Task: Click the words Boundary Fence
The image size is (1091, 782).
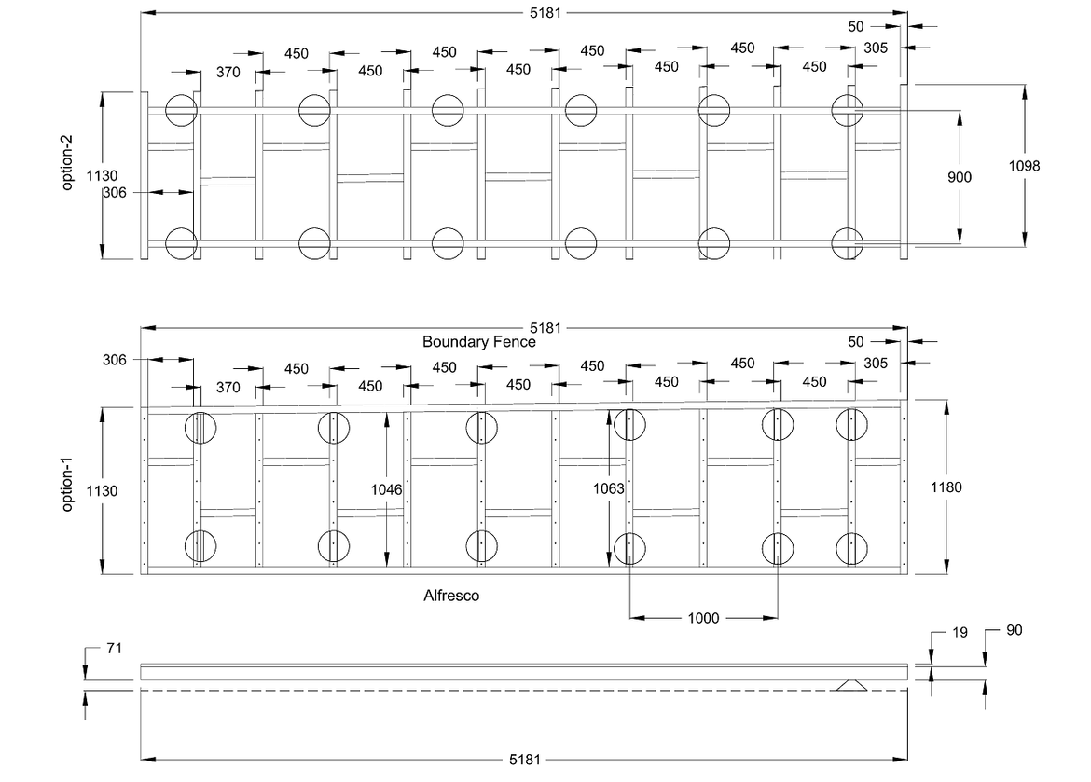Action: click(x=478, y=342)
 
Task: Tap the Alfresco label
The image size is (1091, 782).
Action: click(x=451, y=595)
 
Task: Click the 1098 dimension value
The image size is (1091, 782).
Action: click(x=1024, y=166)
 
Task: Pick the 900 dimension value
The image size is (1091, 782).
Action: click(x=959, y=177)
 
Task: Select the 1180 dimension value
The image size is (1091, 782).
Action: click(x=946, y=487)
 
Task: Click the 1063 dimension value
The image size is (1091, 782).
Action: click(x=608, y=488)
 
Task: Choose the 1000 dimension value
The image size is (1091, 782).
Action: click(x=703, y=618)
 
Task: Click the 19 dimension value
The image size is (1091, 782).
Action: click(x=959, y=632)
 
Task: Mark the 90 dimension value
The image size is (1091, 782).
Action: click(x=1014, y=630)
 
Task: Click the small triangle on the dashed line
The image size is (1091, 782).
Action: click(x=851, y=685)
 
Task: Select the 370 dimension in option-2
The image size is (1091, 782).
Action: click(x=228, y=71)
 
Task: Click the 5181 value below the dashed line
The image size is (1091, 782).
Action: click(x=525, y=760)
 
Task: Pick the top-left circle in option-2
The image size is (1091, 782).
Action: click(x=182, y=110)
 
